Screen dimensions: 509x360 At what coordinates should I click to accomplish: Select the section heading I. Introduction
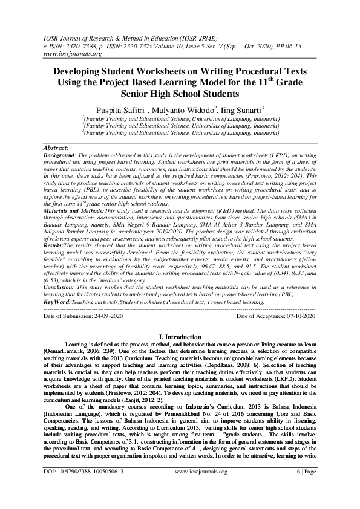tap(180, 336)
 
